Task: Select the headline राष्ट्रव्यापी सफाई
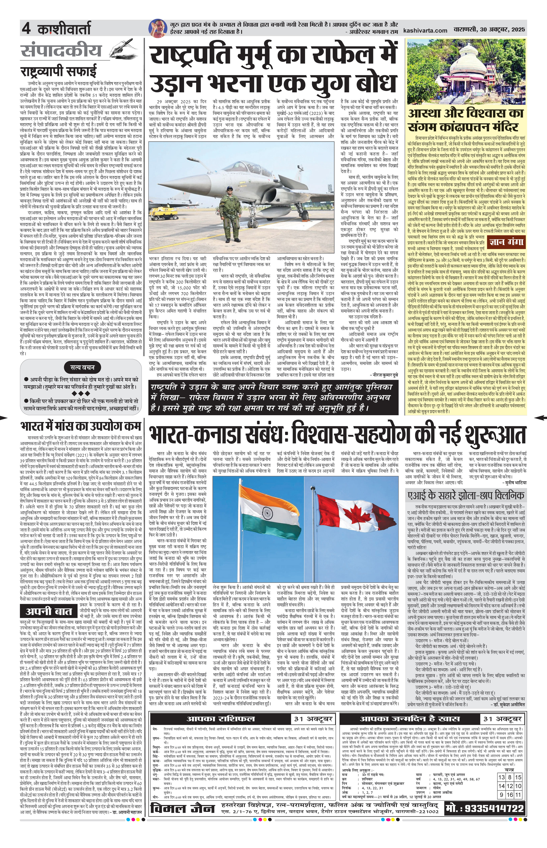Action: (59, 71)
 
